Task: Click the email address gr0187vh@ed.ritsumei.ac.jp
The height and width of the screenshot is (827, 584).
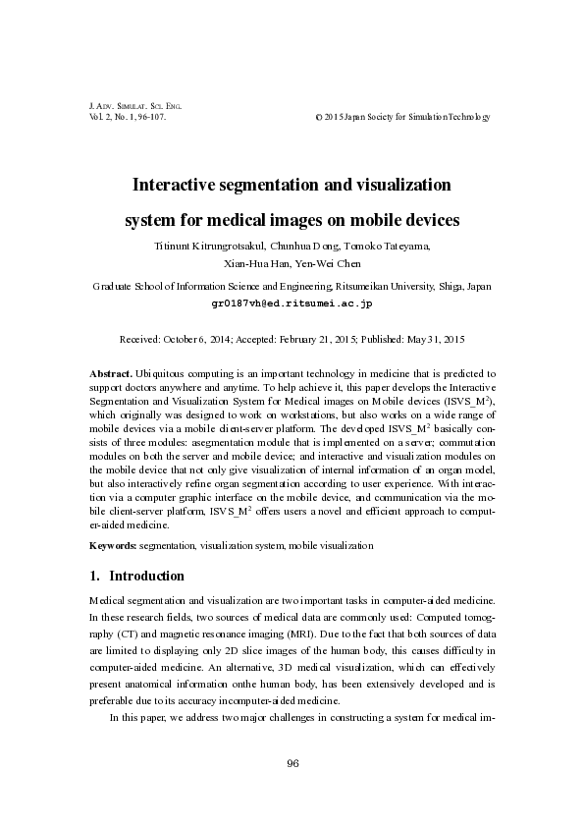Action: (292, 304)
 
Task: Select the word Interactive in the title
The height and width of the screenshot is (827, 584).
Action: (184, 184)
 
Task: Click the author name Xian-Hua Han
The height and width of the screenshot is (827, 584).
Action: (250, 264)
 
